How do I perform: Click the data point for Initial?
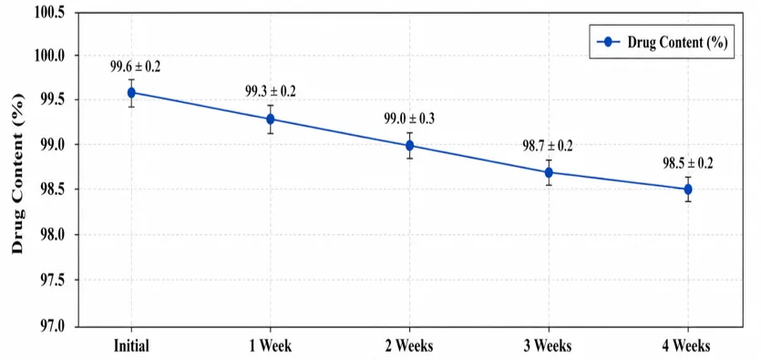(x=131, y=93)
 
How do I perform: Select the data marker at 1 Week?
(x=271, y=118)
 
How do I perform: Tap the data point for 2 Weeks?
(x=409, y=145)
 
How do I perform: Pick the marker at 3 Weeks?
(x=549, y=172)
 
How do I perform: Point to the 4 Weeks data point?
(x=688, y=190)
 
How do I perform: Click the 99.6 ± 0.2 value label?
(x=136, y=67)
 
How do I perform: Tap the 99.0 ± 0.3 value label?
(x=409, y=118)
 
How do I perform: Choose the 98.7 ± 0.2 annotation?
(x=548, y=146)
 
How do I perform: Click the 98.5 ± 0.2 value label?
(x=688, y=163)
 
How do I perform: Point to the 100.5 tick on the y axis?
(x=50, y=12)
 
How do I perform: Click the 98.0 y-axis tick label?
(x=53, y=234)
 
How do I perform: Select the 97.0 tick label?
(x=53, y=325)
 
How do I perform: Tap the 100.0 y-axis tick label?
(x=50, y=56)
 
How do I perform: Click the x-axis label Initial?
(x=131, y=346)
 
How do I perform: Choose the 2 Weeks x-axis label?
(x=409, y=346)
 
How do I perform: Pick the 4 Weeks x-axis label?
(x=688, y=346)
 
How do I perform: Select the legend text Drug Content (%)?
(x=676, y=42)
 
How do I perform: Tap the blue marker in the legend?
(x=608, y=42)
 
